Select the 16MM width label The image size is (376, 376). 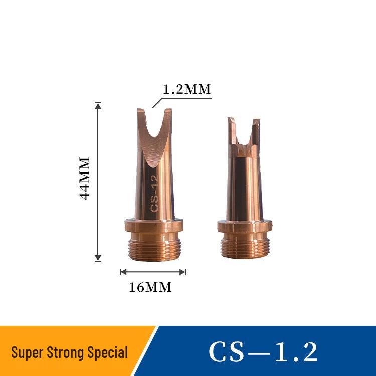pos(150,287)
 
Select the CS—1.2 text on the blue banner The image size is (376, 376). pos(263,352)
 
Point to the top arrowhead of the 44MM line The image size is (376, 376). pos(98,105)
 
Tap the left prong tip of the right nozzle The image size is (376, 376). pos(230,120)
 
